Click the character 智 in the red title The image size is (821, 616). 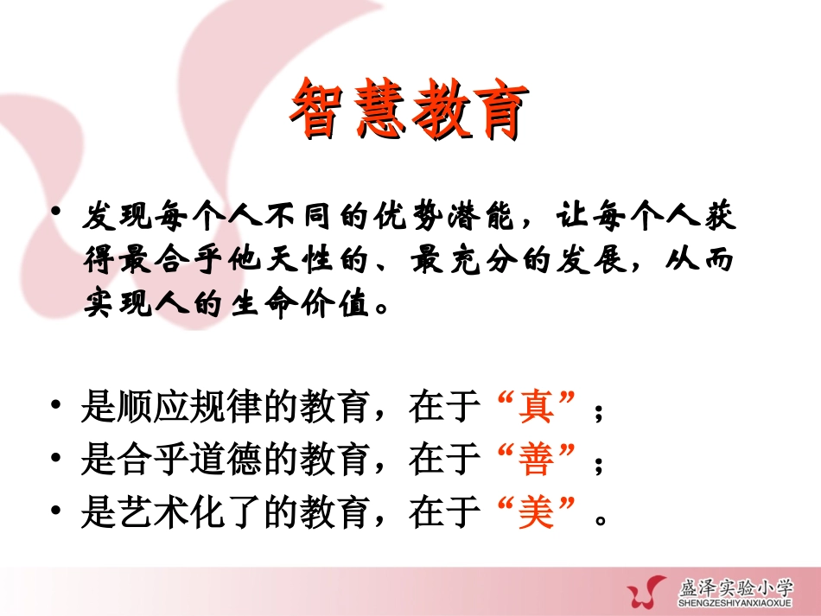tap(316, 109)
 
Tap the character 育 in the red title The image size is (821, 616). tap(498, 109)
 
